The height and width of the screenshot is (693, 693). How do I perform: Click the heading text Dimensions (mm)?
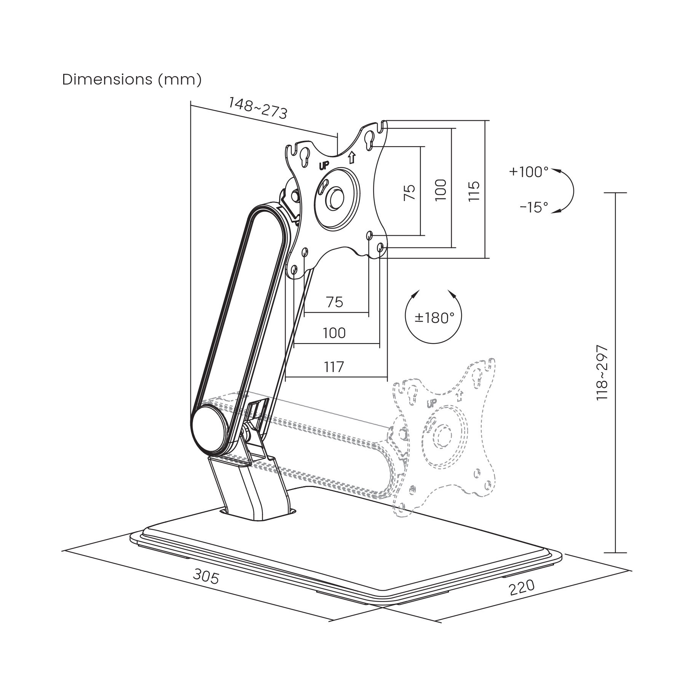click(x=132, y=80)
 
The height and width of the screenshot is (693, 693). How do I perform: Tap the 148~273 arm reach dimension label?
click(x=257, y=108)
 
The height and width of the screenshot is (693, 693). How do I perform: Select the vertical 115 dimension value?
click(x=474, y=191)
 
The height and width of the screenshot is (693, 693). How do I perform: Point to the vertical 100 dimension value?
click(x=440, y=190)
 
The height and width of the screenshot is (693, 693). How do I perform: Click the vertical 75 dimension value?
click(x=409, y=193)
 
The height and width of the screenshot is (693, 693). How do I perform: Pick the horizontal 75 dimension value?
click(x=335, y=302)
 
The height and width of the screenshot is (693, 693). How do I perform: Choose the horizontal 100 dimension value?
click(x=334, y=333)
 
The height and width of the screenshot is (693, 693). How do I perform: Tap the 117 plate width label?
click(x=334, y=367)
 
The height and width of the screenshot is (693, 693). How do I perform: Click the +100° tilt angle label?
click(x=529, y=172)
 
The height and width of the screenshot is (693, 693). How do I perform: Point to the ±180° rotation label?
click(x=434, y=318)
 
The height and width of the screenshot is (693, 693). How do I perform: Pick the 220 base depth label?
click(x=522, y=598)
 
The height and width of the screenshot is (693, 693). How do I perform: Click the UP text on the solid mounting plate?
click(x=324, y=165)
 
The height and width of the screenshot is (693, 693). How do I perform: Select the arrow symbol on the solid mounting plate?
click(x=352, y=157)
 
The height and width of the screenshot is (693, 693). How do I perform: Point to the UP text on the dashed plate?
click(x=432, y=404)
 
